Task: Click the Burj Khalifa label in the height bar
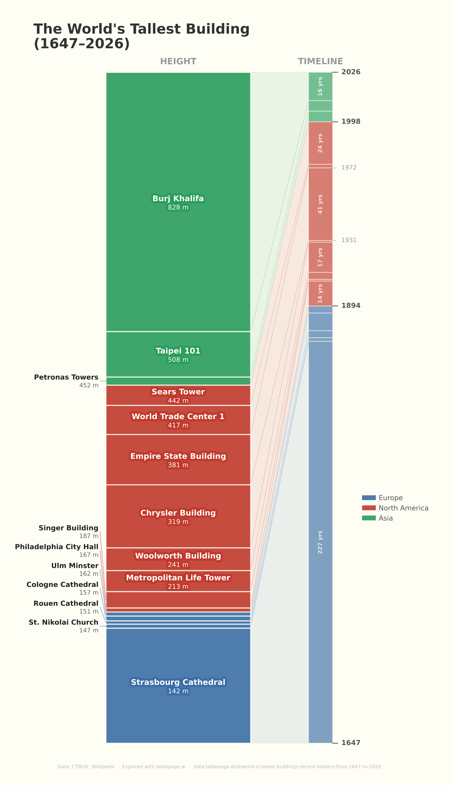coord(178,199)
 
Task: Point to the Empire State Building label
coord(178,456)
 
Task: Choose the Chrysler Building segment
coord(178,516)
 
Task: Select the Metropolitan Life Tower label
coord(178,578)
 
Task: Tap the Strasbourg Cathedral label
coord(178,682)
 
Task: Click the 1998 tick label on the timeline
coord(351,122)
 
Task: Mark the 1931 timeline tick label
coord(349,240)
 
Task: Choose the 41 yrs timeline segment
coord(320,204)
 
